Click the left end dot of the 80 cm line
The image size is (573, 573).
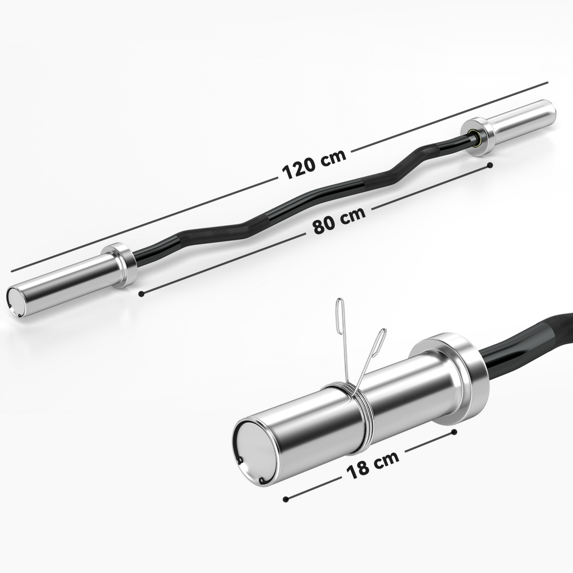point(141,293)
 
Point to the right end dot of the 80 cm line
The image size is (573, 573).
point(490,166)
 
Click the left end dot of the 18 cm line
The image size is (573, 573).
point(286,499)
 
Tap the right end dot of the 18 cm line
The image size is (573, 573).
point(454,432)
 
